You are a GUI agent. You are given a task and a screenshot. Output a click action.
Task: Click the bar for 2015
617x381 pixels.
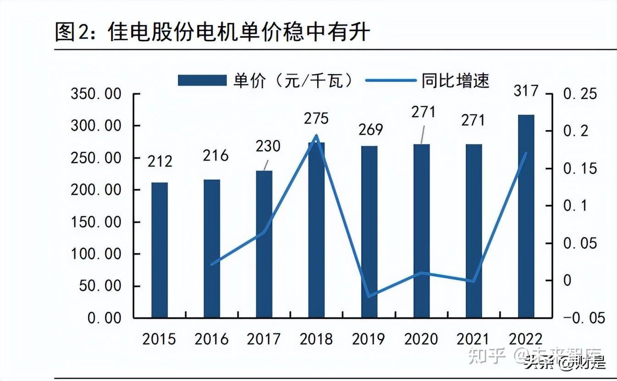[160, 250]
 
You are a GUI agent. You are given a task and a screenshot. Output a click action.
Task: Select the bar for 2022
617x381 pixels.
[526, 216]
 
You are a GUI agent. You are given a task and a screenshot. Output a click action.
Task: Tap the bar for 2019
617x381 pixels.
[369, 232]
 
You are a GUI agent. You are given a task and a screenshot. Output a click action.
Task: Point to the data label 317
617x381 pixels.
[526, 91]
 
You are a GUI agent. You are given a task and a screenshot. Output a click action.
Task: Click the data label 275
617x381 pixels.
[316, 119]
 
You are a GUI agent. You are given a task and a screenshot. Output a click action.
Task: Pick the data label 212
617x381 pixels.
[160, 161]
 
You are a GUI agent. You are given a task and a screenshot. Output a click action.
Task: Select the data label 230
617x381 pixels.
[268, 146]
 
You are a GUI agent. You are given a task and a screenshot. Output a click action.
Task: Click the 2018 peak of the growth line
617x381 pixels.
[317, 136]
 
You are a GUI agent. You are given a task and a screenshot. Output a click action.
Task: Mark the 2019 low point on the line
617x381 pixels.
[369, 296]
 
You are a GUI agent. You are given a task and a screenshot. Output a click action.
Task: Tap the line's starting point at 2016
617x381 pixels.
[212, 264]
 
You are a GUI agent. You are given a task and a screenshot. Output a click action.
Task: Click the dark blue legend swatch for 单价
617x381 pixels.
[202, 81]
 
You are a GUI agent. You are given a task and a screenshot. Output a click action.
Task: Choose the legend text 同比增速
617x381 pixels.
[455, 81]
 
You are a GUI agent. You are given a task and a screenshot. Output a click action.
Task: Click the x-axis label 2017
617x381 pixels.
[264, 339]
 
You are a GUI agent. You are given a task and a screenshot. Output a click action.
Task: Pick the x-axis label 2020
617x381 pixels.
[421, 339]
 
